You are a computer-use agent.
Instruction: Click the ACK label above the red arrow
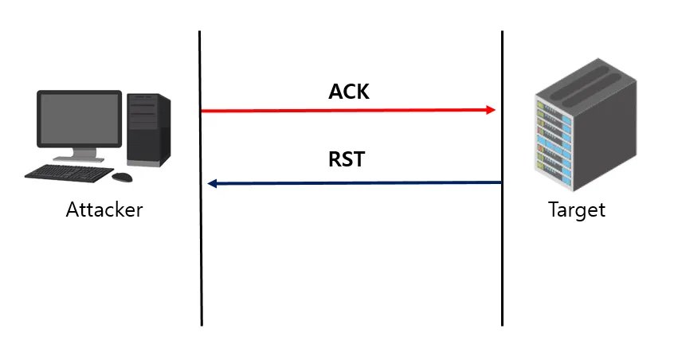pos(349,92)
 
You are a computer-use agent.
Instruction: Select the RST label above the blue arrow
pos(347,158)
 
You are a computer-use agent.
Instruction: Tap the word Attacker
pos(104,210)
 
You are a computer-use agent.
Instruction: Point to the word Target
pos(577,210)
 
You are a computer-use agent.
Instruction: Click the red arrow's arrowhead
pos(492,110)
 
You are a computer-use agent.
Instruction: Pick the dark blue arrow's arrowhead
pos(212,184)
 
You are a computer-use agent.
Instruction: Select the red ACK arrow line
pos(343,110)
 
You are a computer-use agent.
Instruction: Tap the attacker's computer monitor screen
pos(79,119)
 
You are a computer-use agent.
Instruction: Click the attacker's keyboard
pos(67,171)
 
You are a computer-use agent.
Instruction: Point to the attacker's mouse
pos(123,175)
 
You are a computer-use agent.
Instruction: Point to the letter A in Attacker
pos(72,210)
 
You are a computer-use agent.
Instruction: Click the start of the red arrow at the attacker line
pos(205,110)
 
